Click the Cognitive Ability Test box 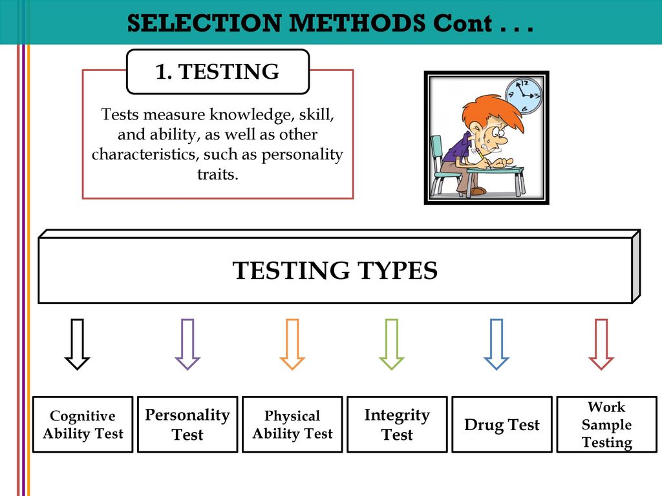(x=83, y=424)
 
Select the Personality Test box (x=187, y=424)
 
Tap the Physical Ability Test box (x=292, y=424)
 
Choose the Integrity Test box (x=397, y=424)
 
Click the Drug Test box (x=502, y=424)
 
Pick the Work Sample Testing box (x=606, y=424)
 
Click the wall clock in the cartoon (x=524, y=96)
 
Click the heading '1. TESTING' (x=217, y=71)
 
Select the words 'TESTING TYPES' (x=335, y=271)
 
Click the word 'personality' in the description (x=302, y=154)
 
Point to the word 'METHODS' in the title (x=357, y=23)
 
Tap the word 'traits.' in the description (x=218, y=174)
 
